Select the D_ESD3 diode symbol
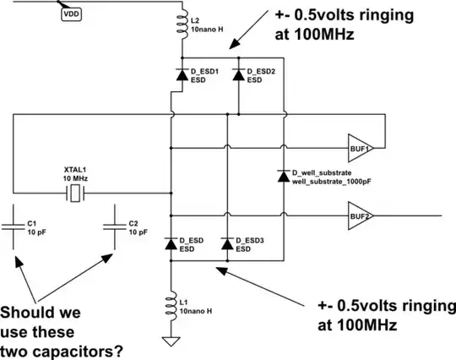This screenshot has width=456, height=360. click(226, 243)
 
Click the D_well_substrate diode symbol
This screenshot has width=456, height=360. click(282, 176)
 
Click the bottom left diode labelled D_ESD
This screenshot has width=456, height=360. click(171, 243)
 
